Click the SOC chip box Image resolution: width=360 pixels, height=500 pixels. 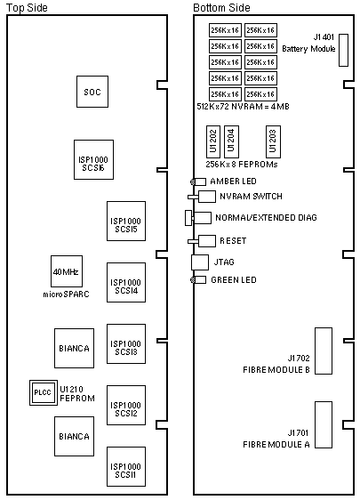(x=92, y=92)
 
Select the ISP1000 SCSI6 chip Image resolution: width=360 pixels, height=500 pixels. (x=93, y=159)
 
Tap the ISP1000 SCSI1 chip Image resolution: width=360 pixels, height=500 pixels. (x=126, y=466)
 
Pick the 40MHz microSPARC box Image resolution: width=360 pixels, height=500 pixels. (x=67, y=271)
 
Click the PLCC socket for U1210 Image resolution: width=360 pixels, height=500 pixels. (x=44, y=392)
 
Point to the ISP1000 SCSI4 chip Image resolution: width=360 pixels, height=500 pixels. (x=126, y=282)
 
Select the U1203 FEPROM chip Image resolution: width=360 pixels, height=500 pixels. (x=274, y=141)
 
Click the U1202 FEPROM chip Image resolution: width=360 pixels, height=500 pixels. (x=213, y=141)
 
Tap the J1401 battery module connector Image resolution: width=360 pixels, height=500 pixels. (x=343, y=50)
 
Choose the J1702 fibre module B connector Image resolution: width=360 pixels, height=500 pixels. (x=324, y=351)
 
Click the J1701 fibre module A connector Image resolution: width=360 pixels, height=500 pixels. (x=324, y=424)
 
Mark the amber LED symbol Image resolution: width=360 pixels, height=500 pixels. (x=198, y=181)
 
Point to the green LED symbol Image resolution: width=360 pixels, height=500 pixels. (x=198, y=280)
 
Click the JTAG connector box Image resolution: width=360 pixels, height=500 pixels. (x=200, y=262)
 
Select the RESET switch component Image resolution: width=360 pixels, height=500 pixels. (x=202, y=241)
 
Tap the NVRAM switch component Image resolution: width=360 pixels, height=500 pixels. (x=202, y=197)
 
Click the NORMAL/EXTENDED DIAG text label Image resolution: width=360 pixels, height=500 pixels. (x=266, y=218)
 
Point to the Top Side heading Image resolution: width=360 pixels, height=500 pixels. (x=27, y=7)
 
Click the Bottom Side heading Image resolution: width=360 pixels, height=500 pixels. (x=221, y=7)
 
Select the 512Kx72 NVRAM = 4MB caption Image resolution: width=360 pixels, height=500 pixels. (x=243, y=106)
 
